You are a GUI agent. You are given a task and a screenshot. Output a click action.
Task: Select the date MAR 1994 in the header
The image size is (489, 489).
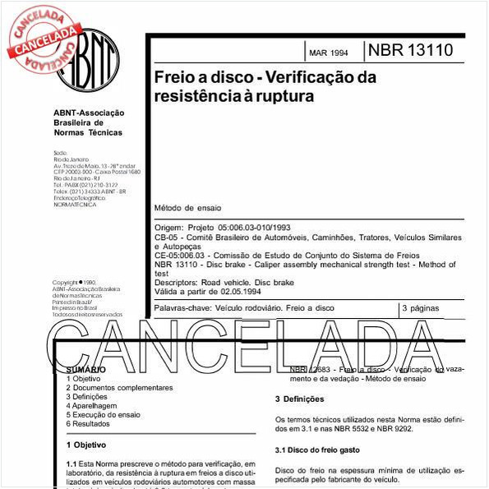(328, 53)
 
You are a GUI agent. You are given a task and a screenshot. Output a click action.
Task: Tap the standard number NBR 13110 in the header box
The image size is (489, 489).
(409, 51)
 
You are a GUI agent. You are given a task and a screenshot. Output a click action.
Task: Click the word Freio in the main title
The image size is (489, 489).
(172, 78)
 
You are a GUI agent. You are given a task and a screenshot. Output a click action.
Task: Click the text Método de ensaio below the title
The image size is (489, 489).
(187, 208)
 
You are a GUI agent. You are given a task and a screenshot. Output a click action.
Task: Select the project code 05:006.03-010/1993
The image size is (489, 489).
(245, 227)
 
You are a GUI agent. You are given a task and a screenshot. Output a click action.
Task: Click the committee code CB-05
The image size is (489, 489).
(167, 237)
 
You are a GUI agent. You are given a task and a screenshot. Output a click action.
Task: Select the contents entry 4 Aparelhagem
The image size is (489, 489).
(91, 405)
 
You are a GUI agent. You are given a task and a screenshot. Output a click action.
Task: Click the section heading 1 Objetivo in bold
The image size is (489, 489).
(85, 445)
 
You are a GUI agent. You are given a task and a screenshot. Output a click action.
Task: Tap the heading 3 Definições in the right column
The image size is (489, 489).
(300, 399)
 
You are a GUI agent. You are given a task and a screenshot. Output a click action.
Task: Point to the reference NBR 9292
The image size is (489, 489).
(396, 429)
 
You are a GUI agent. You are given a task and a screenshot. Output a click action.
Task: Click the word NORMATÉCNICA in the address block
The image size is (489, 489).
(74, 205)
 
